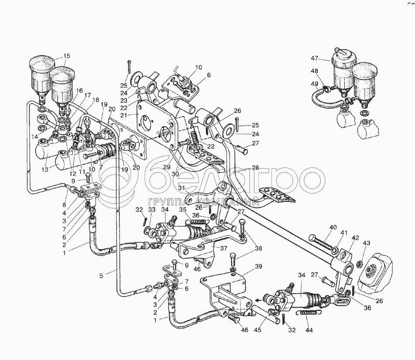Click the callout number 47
[315, 58]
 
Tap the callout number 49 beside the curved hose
[315, 84]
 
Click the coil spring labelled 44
[308, 313]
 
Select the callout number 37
[224, 248]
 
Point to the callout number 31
[181, 188]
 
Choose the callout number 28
[256, 168]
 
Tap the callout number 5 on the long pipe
[101, 276]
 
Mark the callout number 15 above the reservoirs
[67, 56]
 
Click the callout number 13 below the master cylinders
[45, 169]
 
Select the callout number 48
[315, 71]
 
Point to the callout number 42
[355, 238]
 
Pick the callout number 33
[152, 210]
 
